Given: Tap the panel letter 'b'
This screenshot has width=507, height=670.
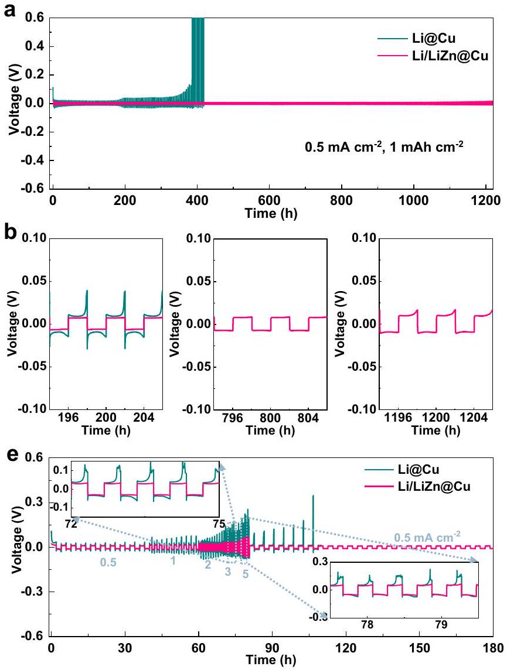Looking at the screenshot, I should (9, 231).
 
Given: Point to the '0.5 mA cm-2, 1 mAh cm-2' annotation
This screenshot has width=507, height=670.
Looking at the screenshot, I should (384, 143).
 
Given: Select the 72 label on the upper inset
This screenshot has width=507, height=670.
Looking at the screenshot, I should (71, 524).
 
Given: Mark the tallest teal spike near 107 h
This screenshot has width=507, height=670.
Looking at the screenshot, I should (314, 497).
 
